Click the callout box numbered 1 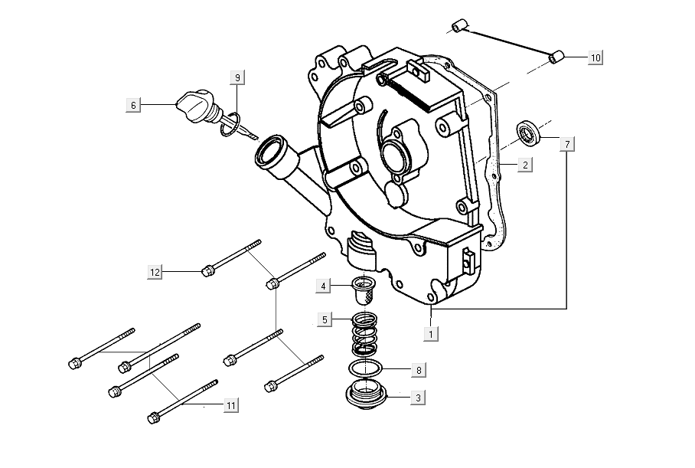(431, 333)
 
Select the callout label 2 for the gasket (525, 165)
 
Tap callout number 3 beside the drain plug (418, 398)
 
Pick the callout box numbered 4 (323, 286)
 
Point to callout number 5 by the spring (325, 319)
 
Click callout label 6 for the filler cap (133, 105)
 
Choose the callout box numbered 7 (567, 144)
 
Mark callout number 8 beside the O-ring (419, 370)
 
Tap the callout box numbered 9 (237, 77)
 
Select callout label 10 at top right (595, 57)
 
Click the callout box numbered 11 (231, 405)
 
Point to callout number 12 (155, 271)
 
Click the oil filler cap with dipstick (197, 106)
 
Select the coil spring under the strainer (364, 334)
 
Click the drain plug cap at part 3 (366, 394)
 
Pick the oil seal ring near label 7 (528, 133)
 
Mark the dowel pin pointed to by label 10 (556, 57)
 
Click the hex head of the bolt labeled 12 (207, 270)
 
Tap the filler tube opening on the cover (269, 150)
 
